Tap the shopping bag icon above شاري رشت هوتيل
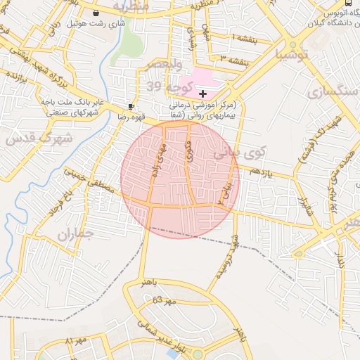point(96,13)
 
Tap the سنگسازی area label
point(319,92)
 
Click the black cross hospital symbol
point(203,94)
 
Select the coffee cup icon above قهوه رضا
point(131,106)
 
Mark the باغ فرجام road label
point(57,202)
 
